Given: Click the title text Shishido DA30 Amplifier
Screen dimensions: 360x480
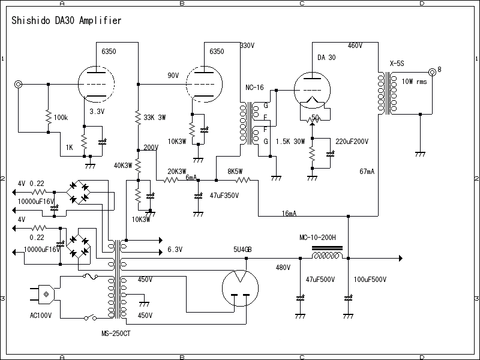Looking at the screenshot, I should coord(67,20).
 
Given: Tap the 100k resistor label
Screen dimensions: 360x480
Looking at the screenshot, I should coord(61,118).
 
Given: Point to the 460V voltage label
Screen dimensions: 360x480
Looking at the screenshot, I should coord(355,46).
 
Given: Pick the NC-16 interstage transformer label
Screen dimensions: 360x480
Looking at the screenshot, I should coord(254,88).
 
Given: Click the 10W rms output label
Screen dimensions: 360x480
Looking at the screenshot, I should coord(414,82).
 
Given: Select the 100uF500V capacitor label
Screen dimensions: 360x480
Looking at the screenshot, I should coord(370,280).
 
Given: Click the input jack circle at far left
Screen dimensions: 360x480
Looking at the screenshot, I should coord(19,85).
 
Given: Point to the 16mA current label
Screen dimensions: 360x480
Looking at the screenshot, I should coord(289,214).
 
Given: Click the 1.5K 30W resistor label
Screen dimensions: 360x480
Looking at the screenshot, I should coord(290,142).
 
